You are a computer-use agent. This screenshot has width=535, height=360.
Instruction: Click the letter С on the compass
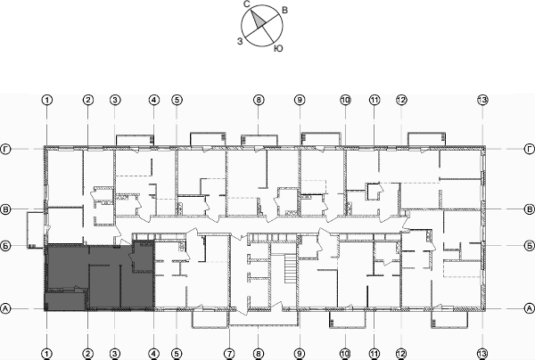click(x=246, y=4)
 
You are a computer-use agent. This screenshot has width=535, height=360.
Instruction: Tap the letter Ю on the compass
click(x=279, y=46)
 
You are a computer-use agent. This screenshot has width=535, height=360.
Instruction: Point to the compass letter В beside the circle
click(x=284, y=10)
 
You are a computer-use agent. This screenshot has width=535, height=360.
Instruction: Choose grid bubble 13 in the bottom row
click(x=482, y=353)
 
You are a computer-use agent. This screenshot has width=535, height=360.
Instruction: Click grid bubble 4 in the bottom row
click(x=153, y=353)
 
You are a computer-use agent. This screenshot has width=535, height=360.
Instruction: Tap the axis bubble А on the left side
click(x=7, y=308)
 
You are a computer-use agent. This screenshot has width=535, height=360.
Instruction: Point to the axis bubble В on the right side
click(x=529, y=209)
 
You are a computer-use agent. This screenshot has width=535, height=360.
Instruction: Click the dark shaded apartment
click(x=98, y=276)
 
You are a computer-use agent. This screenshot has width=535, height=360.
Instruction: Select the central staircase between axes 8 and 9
click(x=287, y=267)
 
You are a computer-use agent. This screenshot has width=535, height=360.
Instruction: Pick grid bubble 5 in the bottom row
click(x=177, y=353)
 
